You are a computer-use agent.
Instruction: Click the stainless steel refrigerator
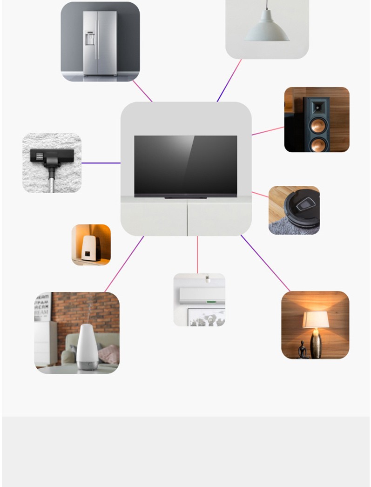(x=100, y=43)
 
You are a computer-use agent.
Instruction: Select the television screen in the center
(x=185, y=165)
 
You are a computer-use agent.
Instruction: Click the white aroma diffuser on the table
(x=87, y=347)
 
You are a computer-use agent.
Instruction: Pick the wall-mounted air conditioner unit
(x=202, y=295)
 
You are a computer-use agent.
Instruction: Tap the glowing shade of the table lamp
(x=316, y=319)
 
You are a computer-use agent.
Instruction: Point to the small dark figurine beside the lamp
(x=303, y=350)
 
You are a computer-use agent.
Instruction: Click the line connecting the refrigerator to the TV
(x=142, y=91)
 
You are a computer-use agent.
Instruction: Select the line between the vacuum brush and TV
(x=101, y=163)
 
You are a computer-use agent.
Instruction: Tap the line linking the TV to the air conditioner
(x=197, y=255)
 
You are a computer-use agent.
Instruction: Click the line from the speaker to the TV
(x=268, y=131)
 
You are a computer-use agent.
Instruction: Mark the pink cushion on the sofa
(x=109, y=354)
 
